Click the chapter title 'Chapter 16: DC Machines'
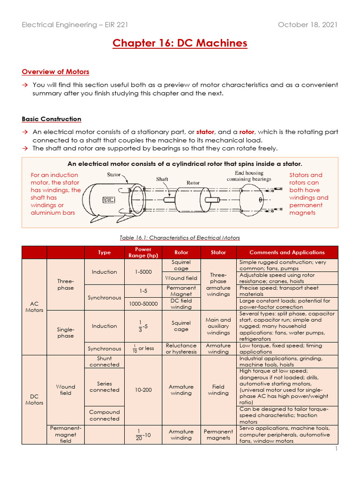[x=180, y=44]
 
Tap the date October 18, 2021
[x=307, y=24]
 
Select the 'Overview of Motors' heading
[x=55, y=72]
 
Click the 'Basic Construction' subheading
[x=51, y=119]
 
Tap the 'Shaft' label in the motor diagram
[x=162, y=179]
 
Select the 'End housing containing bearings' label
[x=249, y=176]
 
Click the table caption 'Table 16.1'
[x=180, y=238]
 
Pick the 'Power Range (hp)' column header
[x=143, y=252]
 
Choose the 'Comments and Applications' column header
[x=287, y=252]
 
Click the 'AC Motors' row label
[x=34, y=307]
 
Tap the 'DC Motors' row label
[x=34, y=399]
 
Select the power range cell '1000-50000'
[x=143, y=304]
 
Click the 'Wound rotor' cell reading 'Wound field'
[x=181, y=278]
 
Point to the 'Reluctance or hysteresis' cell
[x=181, y=348]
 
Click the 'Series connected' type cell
[x=104, y=387]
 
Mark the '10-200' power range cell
[x=143, y=390]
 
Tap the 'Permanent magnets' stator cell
[x=218, y=435]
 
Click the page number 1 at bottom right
[x=336, y=449]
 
